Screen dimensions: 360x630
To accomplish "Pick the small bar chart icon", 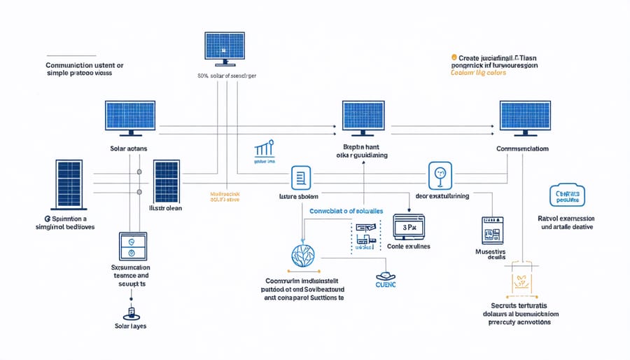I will click(265, 150).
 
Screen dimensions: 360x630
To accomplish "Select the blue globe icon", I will click(302, 258).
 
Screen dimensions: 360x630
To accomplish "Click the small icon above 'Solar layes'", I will click(131, 312).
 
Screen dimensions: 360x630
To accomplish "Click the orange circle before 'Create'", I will click(454, 57).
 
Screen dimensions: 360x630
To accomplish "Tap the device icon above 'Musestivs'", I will click(493, 230).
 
